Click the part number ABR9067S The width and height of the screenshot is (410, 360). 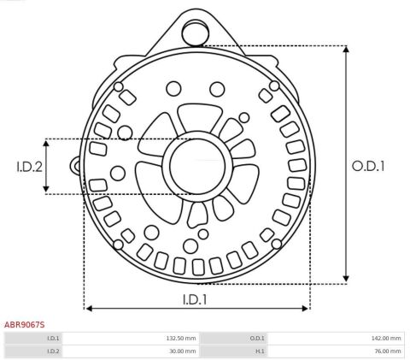(x=24, y=325)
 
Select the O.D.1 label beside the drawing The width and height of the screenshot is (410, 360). (x=368, y=166)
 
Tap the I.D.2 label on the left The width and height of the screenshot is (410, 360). (x=29, y=167)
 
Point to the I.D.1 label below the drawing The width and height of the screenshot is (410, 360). (x=195, y=299)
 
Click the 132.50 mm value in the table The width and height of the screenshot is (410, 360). (x=181, y=339)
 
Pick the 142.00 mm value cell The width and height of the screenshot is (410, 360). (x=386, y=339)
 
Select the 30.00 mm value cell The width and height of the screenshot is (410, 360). (x=183, y=351)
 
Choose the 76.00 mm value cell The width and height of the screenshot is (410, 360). (x=388, y=351)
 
